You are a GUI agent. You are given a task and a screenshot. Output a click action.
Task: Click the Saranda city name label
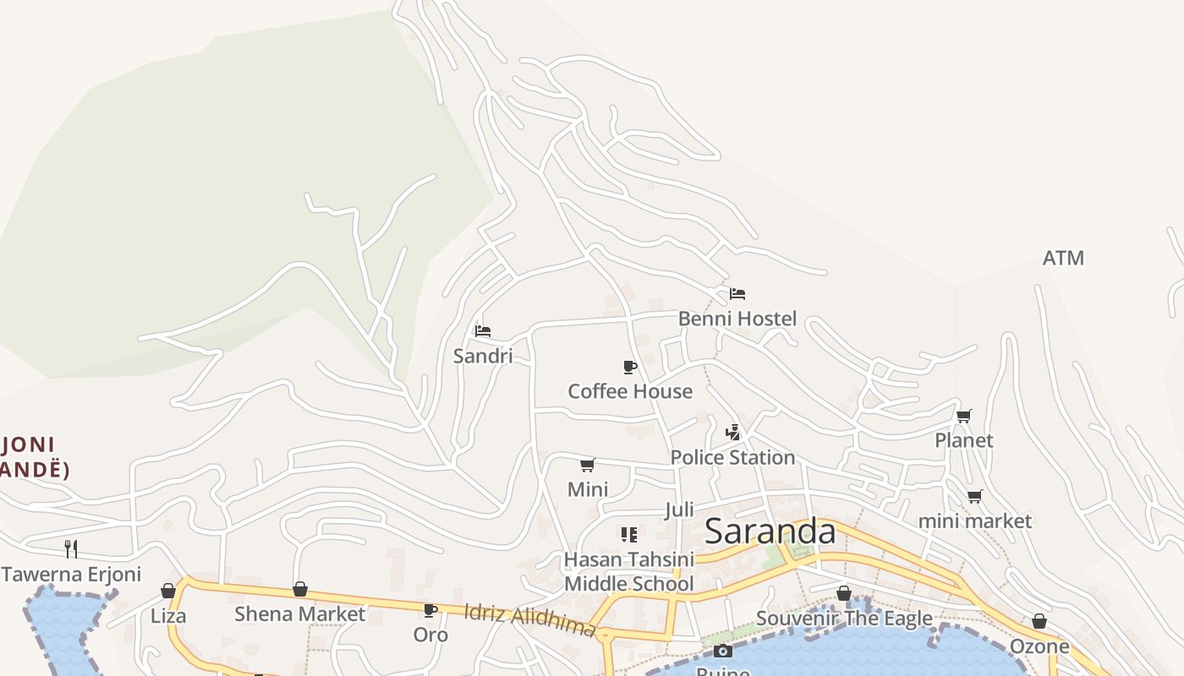point(770,532)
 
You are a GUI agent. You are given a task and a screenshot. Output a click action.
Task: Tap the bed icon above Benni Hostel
point(737,294)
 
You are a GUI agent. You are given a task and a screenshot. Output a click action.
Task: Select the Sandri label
point(483,356)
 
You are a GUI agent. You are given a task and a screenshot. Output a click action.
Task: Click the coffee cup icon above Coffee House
point(629,367)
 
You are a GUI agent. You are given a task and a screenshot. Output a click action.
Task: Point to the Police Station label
point(732,457)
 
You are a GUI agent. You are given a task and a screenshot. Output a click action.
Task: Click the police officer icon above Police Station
point(732,433)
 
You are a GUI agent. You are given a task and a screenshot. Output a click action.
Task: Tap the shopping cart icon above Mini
point(588,465)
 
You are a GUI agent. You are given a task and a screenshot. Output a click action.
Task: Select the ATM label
point(1063,258)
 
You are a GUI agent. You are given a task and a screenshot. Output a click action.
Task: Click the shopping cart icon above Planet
point(964,416)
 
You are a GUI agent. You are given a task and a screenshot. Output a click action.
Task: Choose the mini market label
point(974,521)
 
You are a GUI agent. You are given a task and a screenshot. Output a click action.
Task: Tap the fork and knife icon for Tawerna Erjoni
point(71,548)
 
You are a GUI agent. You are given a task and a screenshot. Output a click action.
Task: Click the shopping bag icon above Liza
point(168,591)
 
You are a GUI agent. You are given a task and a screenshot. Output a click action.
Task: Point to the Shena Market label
point(299,613)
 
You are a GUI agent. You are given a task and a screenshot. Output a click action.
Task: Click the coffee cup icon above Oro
point(430,609)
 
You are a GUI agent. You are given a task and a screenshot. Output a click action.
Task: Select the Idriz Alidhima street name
point(529,619)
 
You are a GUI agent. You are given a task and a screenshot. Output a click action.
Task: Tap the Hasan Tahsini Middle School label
point(628,571)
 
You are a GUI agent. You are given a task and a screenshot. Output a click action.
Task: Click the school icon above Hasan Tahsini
point(628,534)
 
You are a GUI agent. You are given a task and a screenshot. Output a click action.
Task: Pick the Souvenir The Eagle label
point(843,618)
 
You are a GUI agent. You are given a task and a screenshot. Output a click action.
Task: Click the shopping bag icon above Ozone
point(1039,622)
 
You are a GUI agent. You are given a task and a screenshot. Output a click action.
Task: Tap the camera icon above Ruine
point(722,651)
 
